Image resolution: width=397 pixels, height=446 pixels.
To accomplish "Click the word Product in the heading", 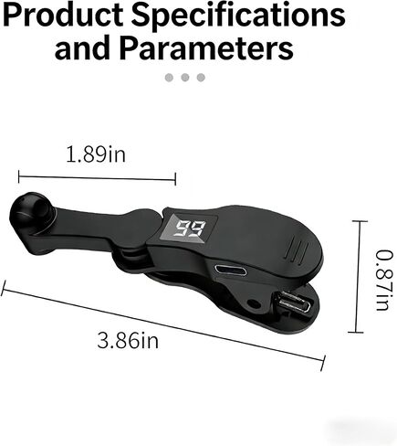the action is point(63,16).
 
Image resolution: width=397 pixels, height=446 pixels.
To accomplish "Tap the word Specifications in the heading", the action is point(238,16).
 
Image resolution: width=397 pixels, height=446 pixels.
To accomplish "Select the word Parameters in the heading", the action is point(206,48).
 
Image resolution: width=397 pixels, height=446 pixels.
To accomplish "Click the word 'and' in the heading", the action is point(82,48).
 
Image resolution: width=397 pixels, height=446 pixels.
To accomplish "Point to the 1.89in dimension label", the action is point(96,154).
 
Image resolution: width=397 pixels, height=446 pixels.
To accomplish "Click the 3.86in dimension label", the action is point(128,340).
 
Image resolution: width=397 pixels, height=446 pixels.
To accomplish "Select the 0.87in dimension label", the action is point(384,280).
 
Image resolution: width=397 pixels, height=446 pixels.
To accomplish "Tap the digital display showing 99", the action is point(192,228).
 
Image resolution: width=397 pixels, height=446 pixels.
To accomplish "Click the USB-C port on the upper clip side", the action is point(231,270).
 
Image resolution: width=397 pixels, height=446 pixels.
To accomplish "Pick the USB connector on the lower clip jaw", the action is point(292,303).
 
